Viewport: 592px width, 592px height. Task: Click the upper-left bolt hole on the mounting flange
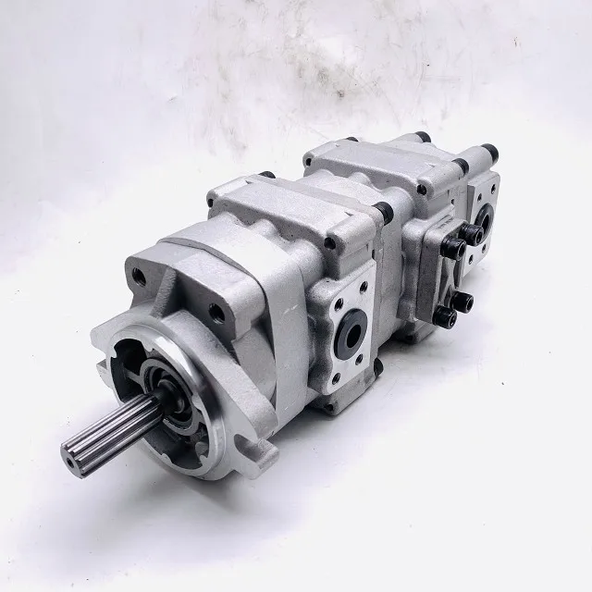[140, 275]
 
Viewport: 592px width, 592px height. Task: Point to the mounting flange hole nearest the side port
[218, 312]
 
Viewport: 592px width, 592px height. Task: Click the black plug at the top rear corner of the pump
[487, 151]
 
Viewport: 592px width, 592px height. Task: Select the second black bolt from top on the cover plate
[473, 236]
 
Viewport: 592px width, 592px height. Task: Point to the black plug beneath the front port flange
[376, 367]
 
